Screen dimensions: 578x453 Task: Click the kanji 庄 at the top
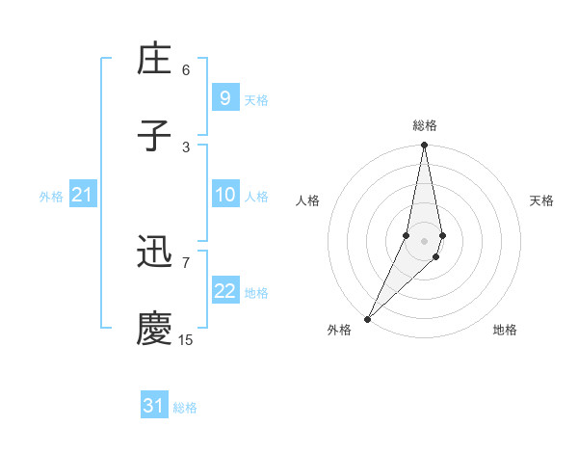pyautogui.click(x=154, y=60)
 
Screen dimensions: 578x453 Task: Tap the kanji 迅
pyautogui.click(x=154, y=254)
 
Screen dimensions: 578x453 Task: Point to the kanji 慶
pyautogui.click(x=154, y=329)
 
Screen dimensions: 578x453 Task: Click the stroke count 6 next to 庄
pyautogui.click(x=186, y=70)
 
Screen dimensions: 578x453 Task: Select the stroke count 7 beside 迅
pyautogui.click(x=186, y=261)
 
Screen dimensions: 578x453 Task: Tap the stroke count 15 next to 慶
pyautogui.click(x=186, y=339)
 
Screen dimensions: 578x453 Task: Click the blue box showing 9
pyautogui.click(x=224, y=97)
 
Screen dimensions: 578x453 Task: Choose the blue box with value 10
pyautogui.click(x=224, y=195)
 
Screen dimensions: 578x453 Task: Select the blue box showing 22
pyautogui.click(x=224, y=291)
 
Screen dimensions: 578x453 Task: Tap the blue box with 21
pyautogui.click(x=82, y=195)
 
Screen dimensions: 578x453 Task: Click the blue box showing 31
pyautogui.click(x=154, y=406)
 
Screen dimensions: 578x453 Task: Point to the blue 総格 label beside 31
pyautogui.click(x=185, y=408)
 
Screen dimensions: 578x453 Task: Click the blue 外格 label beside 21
pyautogui.click(x=51, y=197)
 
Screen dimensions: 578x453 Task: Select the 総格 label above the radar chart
pyautogui.click(x=424, y=125)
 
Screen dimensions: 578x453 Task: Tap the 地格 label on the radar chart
pyautogui.click(x=505, y=331)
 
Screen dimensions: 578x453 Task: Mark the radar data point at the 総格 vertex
pyautogui.click(x=424, y=146)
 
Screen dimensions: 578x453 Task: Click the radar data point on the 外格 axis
pyautogui.click(x=367, y=318)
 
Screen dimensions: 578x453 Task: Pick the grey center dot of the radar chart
pyautogui.click(x=424, y=240)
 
